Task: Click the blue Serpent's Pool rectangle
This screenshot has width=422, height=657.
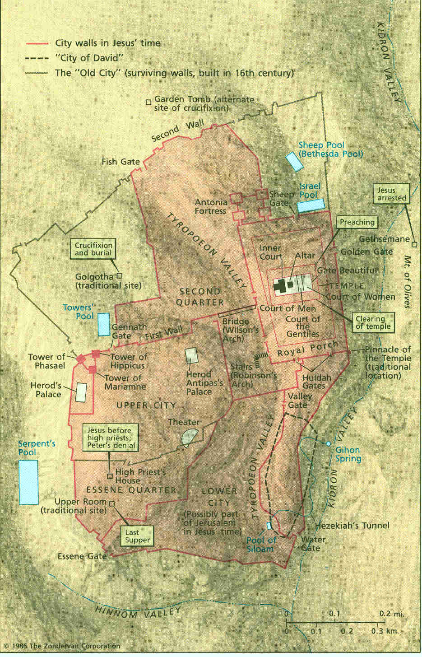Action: (28, 482)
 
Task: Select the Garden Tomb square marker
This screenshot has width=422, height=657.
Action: (148, 103)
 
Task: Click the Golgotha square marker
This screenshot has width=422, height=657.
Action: (120, 275)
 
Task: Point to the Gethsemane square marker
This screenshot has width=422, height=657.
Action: (414, 244)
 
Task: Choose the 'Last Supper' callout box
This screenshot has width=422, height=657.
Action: (137, 536)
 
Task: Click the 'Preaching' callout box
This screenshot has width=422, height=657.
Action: (357, 222)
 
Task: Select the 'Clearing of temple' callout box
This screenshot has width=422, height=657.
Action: (373, 323)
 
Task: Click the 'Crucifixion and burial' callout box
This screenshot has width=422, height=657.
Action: (93, 249)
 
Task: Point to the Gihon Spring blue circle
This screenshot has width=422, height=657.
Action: (329, 444)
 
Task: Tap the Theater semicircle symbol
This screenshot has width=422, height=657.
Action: (190, 437)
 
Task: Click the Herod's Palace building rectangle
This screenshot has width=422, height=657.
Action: (81, 392)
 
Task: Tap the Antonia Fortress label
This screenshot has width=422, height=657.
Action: (211, 207)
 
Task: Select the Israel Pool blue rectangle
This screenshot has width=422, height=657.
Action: (311, 205)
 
